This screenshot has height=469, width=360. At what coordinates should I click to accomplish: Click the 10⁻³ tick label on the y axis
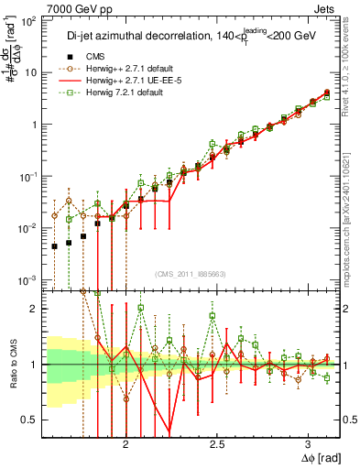29,279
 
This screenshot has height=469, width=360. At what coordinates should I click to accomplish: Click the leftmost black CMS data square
55,245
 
